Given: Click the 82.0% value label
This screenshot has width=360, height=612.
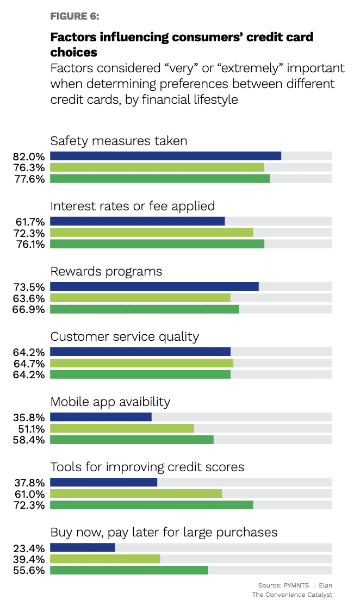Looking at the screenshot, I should [x=29, y=157].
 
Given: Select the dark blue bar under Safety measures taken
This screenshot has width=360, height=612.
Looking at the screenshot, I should [x=165, y=156].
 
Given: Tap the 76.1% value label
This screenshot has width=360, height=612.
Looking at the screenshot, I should [x=29, y=243].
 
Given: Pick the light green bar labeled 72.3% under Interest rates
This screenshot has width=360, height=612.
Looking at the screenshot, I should [x=151, y=233].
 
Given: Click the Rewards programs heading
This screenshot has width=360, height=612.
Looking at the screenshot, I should [x=106, y=271].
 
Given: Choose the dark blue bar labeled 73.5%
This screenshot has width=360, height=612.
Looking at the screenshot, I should [x=154, y=286].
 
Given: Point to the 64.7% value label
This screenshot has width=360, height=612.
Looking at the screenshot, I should [x=29, y=363].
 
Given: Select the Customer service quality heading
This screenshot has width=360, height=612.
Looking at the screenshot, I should [x=125, y=336].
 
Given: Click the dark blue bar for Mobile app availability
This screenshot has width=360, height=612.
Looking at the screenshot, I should [x=101, y=417].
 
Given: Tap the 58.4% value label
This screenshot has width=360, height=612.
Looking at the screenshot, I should [x=29, y=439].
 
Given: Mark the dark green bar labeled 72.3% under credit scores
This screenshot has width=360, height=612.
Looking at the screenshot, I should [x=151, y=504].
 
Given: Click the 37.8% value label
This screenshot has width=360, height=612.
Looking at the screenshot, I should [x=29, y=483].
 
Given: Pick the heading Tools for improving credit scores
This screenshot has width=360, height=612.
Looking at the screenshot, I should [x=147, y=467].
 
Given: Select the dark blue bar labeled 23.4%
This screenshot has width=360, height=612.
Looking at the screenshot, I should [x=82, y=547].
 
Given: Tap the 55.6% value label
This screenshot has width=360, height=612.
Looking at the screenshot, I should [x=29, y=570].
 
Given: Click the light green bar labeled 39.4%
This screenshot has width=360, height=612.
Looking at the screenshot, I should [x=105, y=559].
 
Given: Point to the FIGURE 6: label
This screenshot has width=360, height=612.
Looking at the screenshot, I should [x=75, y=16].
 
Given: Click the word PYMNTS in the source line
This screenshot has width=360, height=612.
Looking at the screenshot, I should [x=296, y=585].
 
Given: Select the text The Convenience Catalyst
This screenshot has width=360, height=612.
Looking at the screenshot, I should [x=292, y=595].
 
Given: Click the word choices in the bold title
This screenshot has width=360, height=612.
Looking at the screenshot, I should [x=73, y=52].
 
